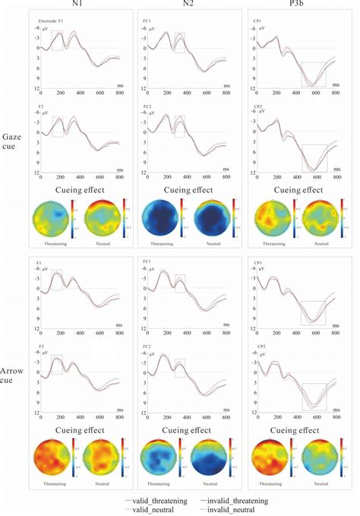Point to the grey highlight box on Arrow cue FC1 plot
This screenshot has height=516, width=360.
click(x=179, y=283)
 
